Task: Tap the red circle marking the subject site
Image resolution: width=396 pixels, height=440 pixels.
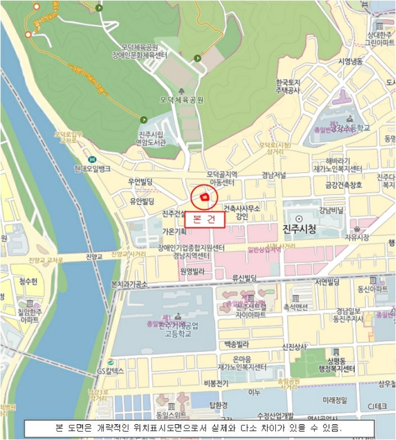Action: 204,197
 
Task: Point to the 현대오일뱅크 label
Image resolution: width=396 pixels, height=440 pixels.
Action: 109,168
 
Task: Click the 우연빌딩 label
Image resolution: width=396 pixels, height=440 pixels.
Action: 141,183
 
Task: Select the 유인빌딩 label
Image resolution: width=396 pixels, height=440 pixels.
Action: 142,201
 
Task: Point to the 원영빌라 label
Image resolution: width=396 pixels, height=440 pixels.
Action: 192,272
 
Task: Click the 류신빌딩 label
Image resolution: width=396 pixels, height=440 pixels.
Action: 245,277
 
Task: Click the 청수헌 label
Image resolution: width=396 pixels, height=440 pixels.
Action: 28,281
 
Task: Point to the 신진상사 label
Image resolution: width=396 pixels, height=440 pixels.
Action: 294,346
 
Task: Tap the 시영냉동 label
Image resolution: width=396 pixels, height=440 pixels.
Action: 351,61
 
